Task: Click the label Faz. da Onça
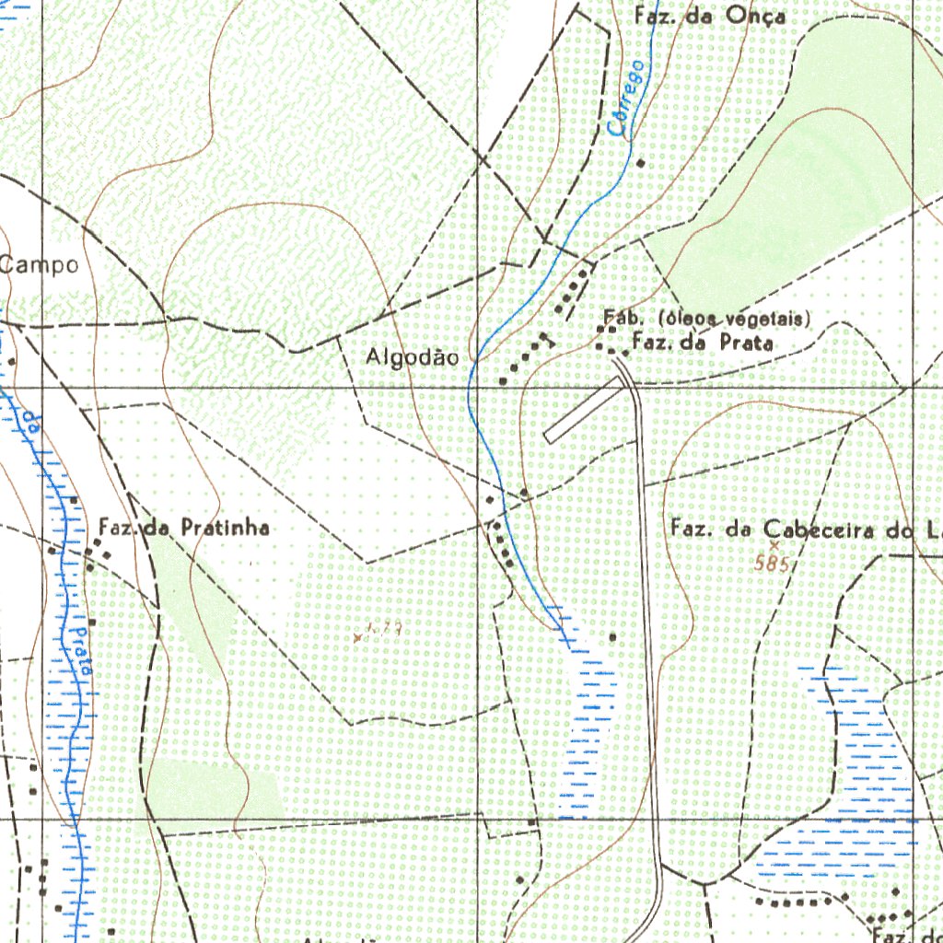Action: tap(710, 16)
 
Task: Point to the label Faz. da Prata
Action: tap(702, 343)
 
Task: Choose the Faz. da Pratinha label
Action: tap(184, 528)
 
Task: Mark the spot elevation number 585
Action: tap(771, 565)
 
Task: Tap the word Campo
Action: tap(40, 266)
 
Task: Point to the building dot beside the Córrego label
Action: tap(641, 163)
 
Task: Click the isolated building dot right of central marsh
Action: tap(613, 636)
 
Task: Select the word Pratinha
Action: tap(225, 528)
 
